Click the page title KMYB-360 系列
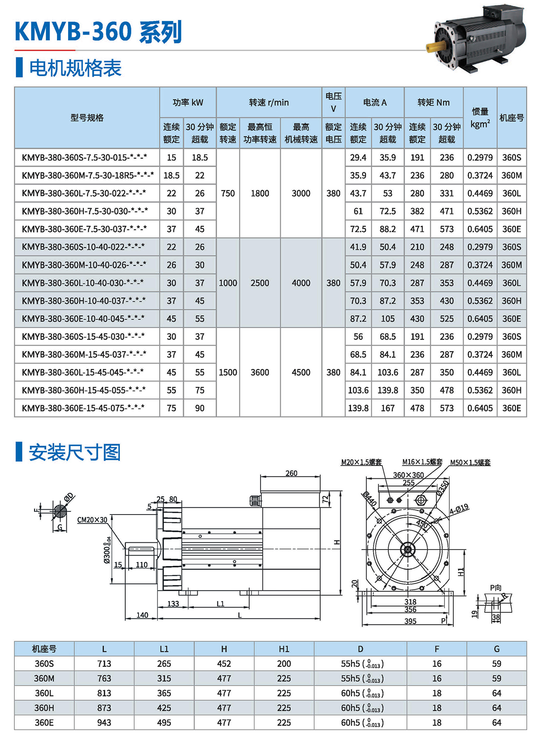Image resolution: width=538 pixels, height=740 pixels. pyautogui.click(x=98, y=32)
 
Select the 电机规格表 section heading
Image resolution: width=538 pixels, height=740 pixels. pyautogui.click(x=75, y=68)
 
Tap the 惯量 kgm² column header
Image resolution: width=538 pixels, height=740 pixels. pyautogui.click(x=480, y=118)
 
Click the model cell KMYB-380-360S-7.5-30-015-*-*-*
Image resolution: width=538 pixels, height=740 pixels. pyautogui.click(x=84, y=158)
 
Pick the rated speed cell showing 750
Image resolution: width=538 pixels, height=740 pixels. pyautogui.click(x=228, y=193)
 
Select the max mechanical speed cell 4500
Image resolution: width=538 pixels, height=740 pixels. pyautogui.click(x=301, y=372)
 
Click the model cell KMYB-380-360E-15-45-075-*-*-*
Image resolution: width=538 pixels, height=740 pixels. pyautogui.click(x=83, y=408)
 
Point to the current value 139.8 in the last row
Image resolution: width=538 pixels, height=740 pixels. pyautogui.click(x=358, y=408)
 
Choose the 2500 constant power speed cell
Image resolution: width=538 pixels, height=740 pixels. pyautogui.click(x=260, y=283)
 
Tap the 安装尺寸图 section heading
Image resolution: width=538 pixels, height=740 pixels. pyautogui.click(x=75, y=452)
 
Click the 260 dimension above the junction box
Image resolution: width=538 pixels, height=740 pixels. pyautogui.click(x=291, y=473)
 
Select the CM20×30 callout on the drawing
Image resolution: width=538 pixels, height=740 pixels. pyautogui.click(x=92, y=520)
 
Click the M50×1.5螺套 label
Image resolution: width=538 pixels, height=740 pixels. pyautogui.click(x=470, y=463)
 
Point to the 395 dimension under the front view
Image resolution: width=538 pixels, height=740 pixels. pyautogui.click(x=410, y=621)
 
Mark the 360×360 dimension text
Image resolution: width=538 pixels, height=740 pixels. pyautogui.click(x=408, y=475)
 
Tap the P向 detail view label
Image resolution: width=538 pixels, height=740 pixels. pyautogui.click(x=495, y=588)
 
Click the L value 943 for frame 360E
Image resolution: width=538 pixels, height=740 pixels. pyautogui.click(x=104, y=723)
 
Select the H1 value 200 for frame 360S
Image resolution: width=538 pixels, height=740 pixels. pyautogui.click(x=284, y=664)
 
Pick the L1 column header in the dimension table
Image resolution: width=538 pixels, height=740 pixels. pyautogui.click(x=164, y=649)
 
